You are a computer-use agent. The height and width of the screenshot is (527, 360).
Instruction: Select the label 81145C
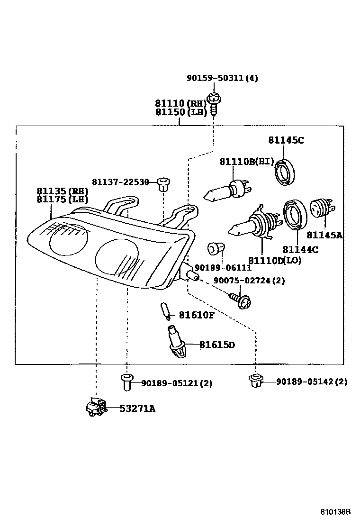[286, 140]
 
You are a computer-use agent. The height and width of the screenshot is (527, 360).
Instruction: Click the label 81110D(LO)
[275, 260]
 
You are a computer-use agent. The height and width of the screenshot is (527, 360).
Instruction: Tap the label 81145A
[324, 235]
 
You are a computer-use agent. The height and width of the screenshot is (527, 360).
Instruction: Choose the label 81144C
[300, 249]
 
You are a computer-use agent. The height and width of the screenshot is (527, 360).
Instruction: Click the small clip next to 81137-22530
[163, 183]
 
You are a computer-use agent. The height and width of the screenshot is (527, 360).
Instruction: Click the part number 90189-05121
[170, 383]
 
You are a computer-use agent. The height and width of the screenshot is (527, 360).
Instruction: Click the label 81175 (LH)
[62, 200]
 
